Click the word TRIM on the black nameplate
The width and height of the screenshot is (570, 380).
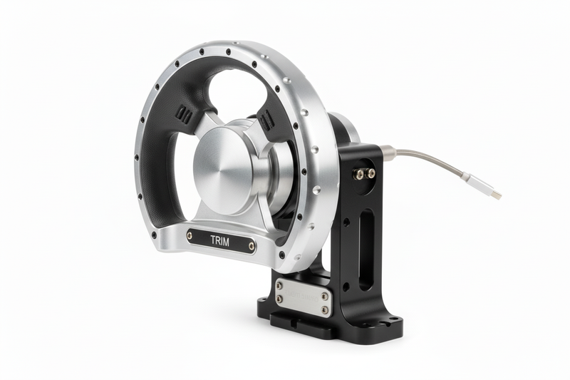click(x=220, y=240)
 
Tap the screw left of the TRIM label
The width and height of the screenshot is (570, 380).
click(x=190, y=235)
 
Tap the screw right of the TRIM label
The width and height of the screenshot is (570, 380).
click(x=252, y=247)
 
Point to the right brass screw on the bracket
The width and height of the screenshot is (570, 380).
click(x=370, y=173)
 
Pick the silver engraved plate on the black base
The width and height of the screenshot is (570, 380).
click(x=302, y=294)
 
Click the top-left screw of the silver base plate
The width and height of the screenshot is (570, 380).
click(x=279, y=284)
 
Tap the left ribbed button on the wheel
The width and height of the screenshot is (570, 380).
click(x=183, y=115)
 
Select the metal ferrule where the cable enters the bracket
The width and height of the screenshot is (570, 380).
click(x=388, y=151)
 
